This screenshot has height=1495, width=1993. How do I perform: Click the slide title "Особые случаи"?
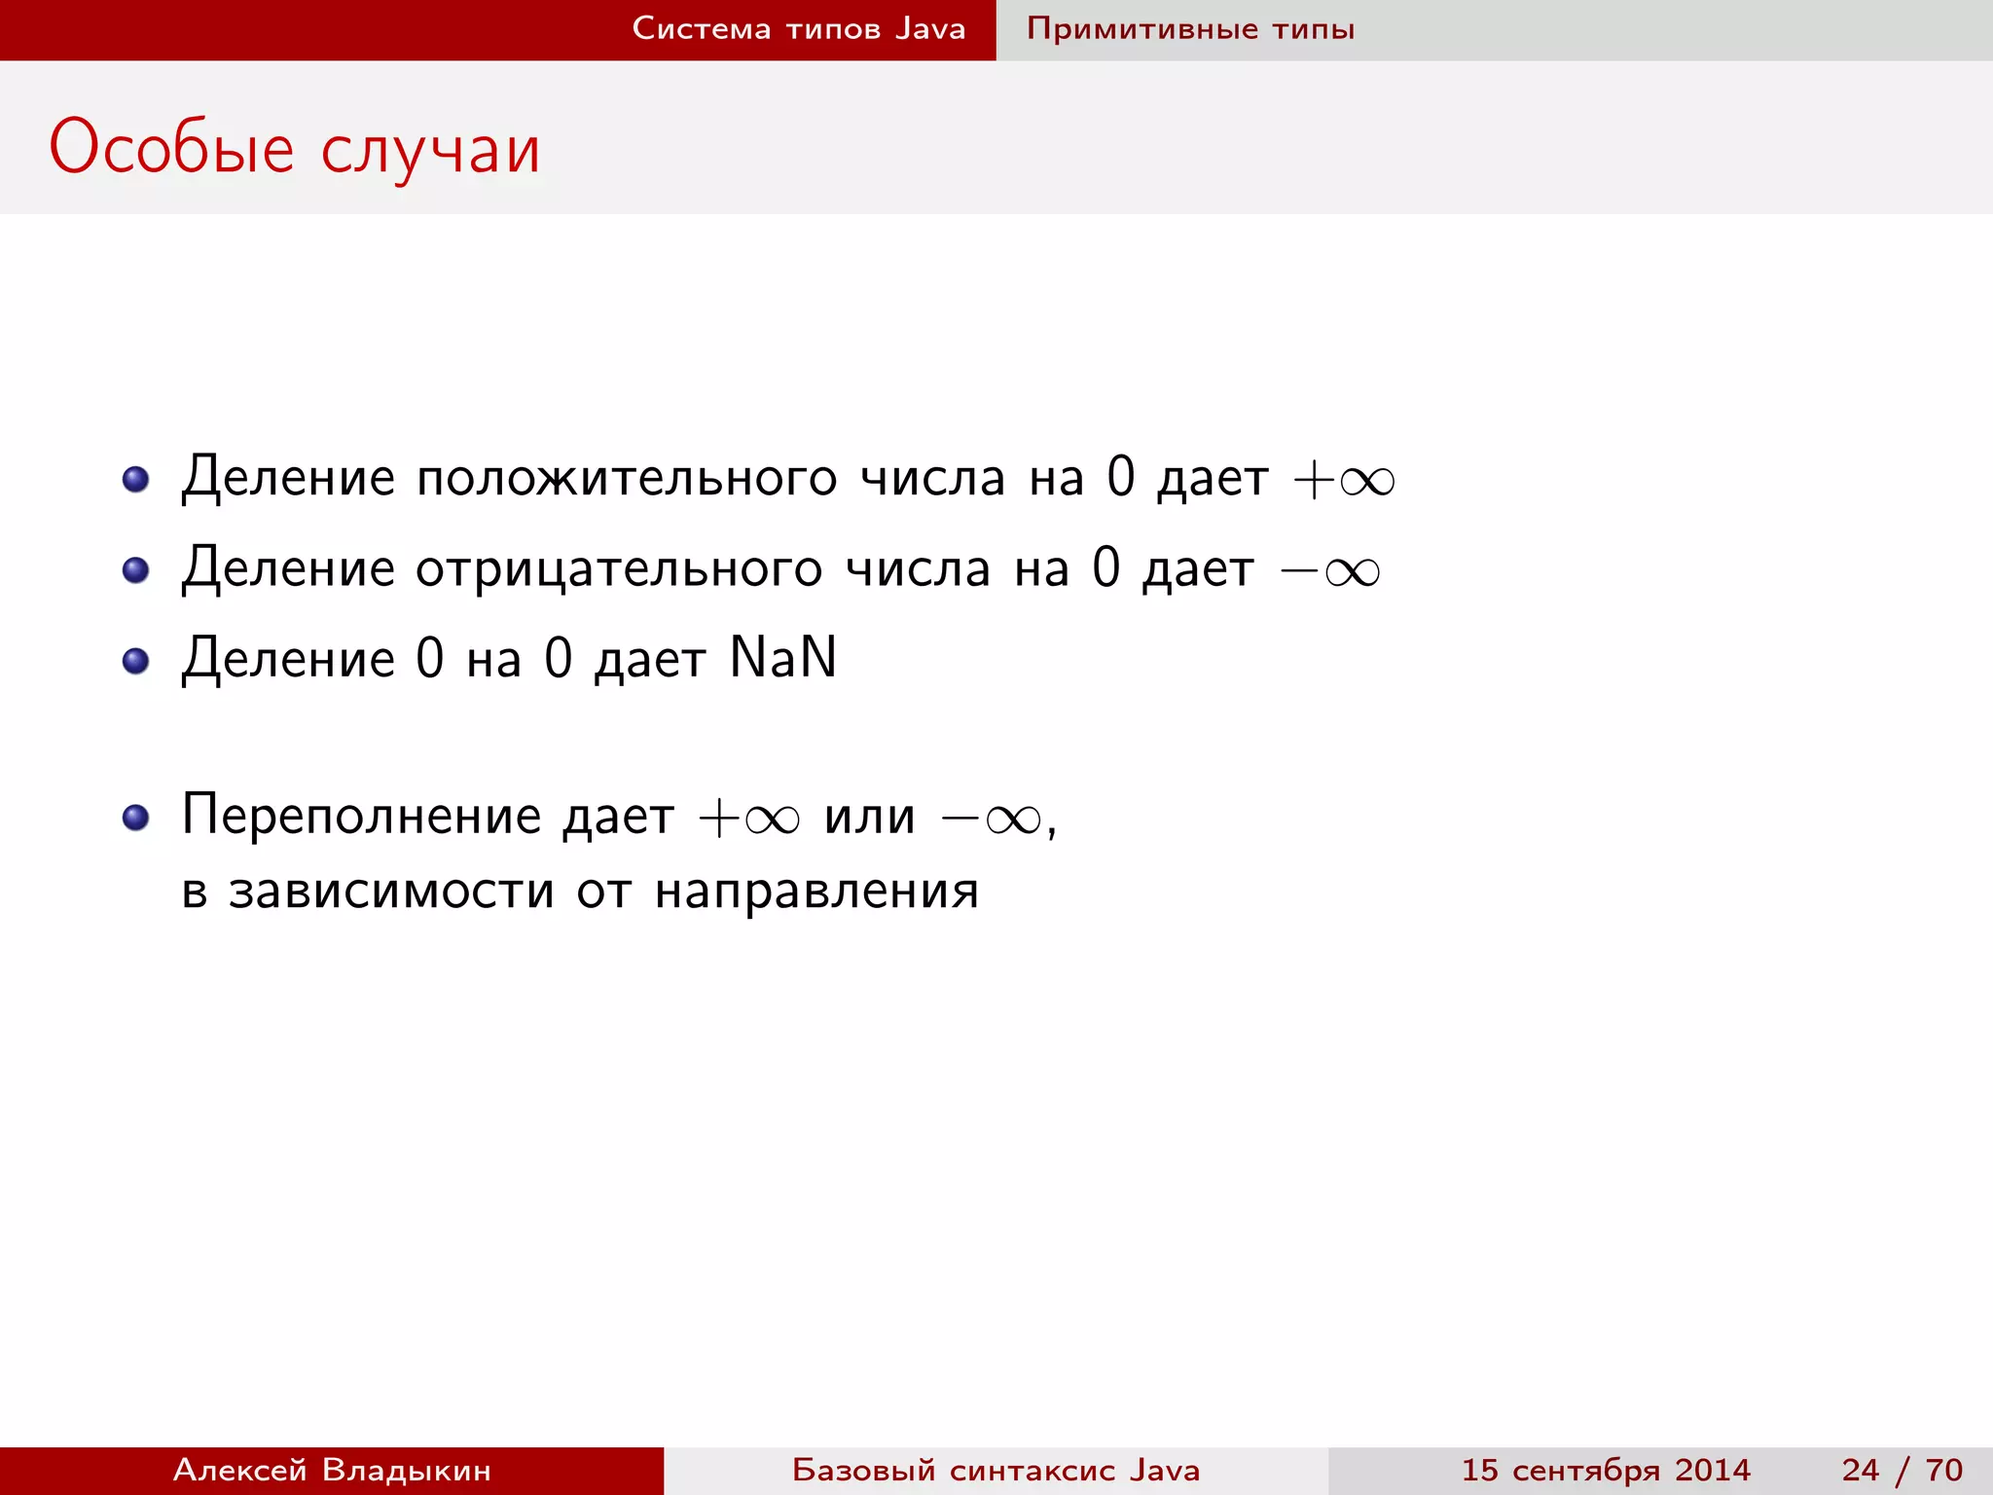[294, 149]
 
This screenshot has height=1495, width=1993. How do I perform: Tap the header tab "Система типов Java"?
[798, 29]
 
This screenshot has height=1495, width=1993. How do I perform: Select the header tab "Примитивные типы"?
[1190, 29]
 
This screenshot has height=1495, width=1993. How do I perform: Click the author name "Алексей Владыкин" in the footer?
[332, 1470]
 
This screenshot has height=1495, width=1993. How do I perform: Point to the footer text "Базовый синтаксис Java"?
[996, 1470]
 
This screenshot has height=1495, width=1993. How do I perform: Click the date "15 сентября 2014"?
[1606, 1470]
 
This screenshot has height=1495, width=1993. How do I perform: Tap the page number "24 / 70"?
[1902, 1470]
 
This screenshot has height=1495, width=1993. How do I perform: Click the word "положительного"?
[626, 479]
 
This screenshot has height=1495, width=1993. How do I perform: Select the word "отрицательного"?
[619, 569]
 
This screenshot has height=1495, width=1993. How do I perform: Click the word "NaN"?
[782, 658]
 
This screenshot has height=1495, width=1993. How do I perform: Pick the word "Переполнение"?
[361, 816]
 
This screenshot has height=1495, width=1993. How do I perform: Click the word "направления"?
[816, 891]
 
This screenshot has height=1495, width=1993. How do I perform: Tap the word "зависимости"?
[391, 891]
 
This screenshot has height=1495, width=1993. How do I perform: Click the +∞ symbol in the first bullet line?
[1344, 480]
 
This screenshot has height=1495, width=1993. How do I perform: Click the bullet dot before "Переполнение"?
[136, 818]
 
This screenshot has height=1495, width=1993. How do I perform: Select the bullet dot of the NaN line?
[136, 662]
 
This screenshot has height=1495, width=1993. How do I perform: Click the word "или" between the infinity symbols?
[869, 817]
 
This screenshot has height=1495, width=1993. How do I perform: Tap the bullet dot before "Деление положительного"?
[136, 479]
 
